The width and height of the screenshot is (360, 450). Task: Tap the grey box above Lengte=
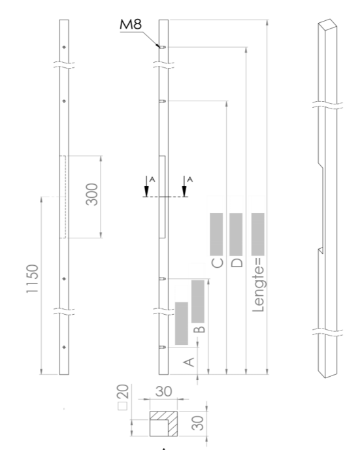pos(258,234)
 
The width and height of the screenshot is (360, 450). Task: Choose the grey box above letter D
pos(237,234)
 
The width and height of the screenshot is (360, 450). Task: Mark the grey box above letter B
pos(198,301)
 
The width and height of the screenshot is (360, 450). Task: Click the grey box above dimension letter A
pos(182,323)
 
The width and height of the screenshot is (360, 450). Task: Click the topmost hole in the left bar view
pos(63,47)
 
